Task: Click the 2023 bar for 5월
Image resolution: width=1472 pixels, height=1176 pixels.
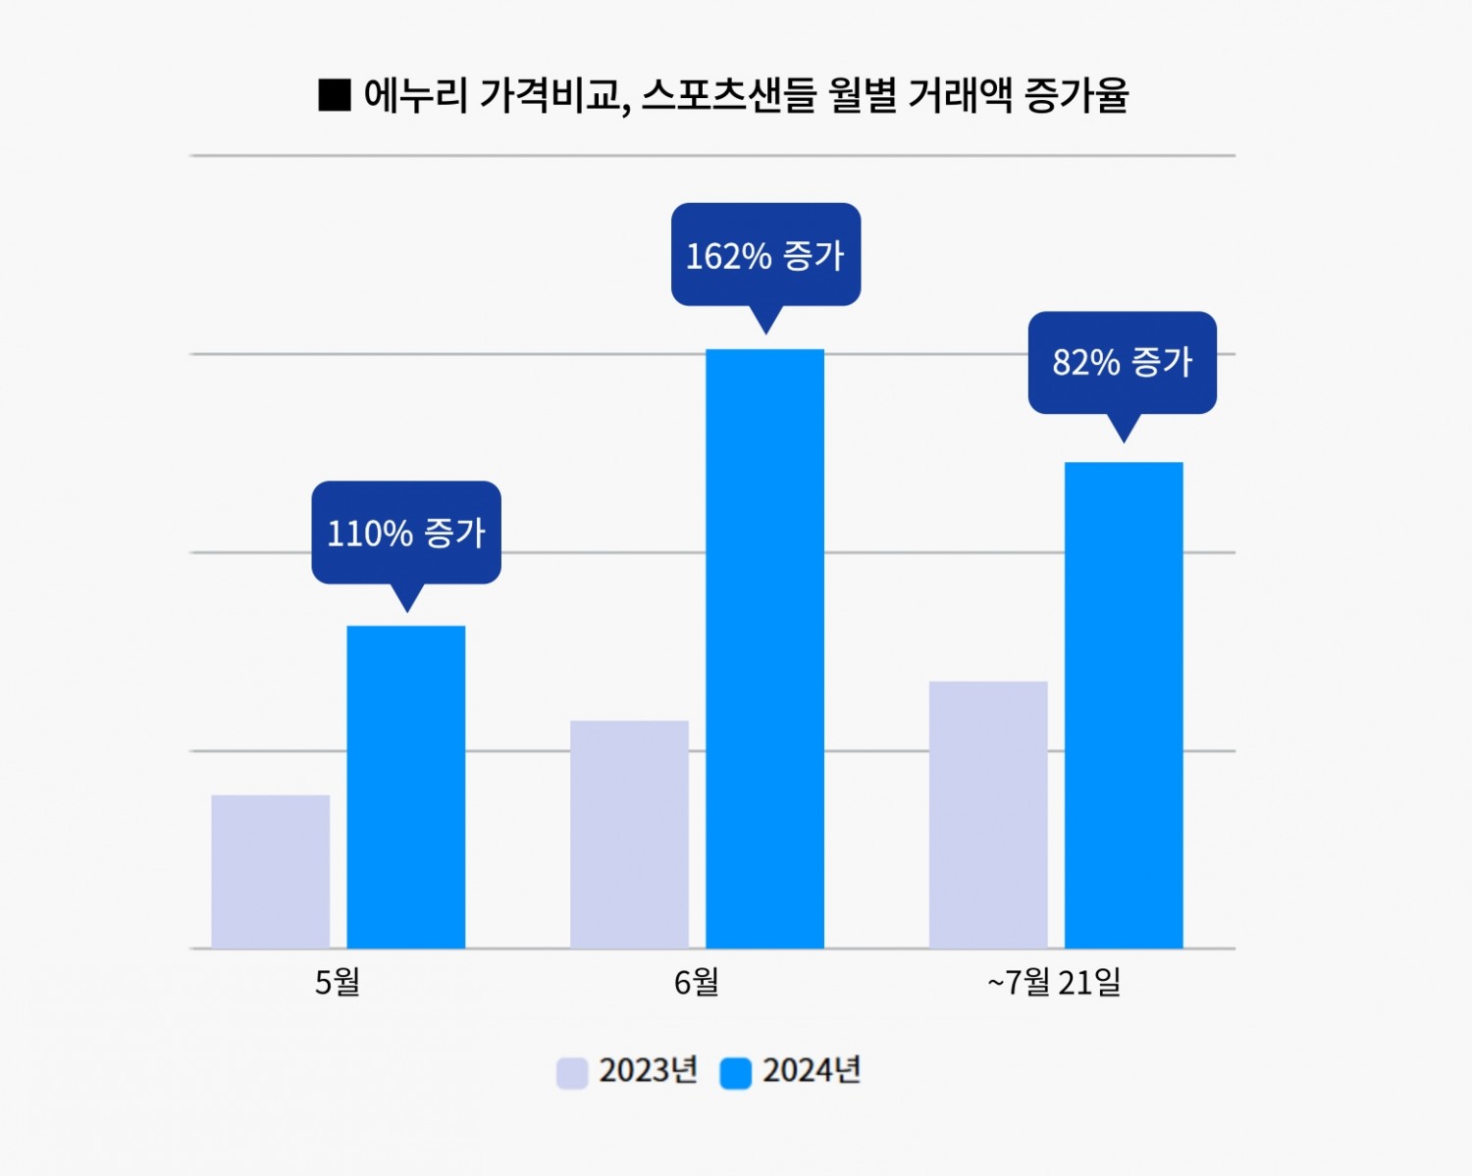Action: (x=271, y=871)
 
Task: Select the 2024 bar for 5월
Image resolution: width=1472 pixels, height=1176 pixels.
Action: (x=406, y=787)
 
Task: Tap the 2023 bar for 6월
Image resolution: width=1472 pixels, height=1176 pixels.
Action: (x=629, y=835)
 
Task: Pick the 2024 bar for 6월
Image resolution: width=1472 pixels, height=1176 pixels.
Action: (x=764, y=648)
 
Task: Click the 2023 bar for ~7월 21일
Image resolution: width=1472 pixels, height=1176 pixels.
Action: (x=988, y=814)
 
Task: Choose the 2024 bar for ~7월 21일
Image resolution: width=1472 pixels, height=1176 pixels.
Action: (x=1124, y=704)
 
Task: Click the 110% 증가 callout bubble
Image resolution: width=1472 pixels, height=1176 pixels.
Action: (x=406, y=533)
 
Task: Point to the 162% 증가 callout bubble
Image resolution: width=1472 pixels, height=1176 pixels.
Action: (x=765, y=255)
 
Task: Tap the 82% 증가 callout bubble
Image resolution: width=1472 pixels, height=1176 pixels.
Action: (x=1123, y=363)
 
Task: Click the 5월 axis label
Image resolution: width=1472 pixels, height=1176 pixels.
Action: (x=338, y=982)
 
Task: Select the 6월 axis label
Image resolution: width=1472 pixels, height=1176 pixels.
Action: (x=697, y=982)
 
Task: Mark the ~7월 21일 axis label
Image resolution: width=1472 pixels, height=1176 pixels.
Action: (x=1054, y=982)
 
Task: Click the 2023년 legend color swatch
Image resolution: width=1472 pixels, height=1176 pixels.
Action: (x=572, y=1072)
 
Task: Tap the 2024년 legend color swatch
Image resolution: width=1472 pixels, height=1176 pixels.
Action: (x=736, y=1072)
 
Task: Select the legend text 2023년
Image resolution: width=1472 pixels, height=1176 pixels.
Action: (x=648, y=1070)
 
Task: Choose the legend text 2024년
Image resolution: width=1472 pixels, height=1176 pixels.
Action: (x=812, y=1070)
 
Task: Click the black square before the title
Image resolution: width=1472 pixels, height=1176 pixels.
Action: (x=335, y=95)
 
